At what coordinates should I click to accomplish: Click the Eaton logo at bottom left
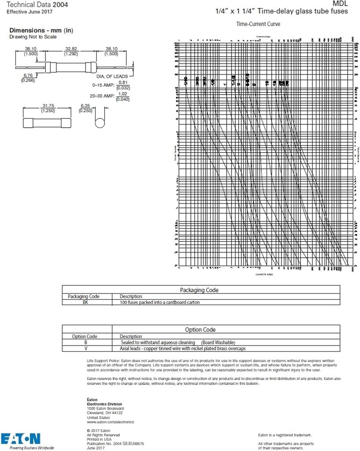[x=21, y=438]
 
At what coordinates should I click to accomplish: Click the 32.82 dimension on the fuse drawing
[x=71, y=49]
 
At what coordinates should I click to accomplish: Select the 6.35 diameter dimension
[x=85, y=106]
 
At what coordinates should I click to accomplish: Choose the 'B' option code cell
[x=86, y=342]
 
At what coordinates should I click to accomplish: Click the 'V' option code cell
[x=86, y=348]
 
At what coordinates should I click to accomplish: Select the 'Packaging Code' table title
[x=199, y=290]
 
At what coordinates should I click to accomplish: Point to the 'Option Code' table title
[x=200, y=329]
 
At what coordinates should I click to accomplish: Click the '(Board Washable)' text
[x=218, y=342]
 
